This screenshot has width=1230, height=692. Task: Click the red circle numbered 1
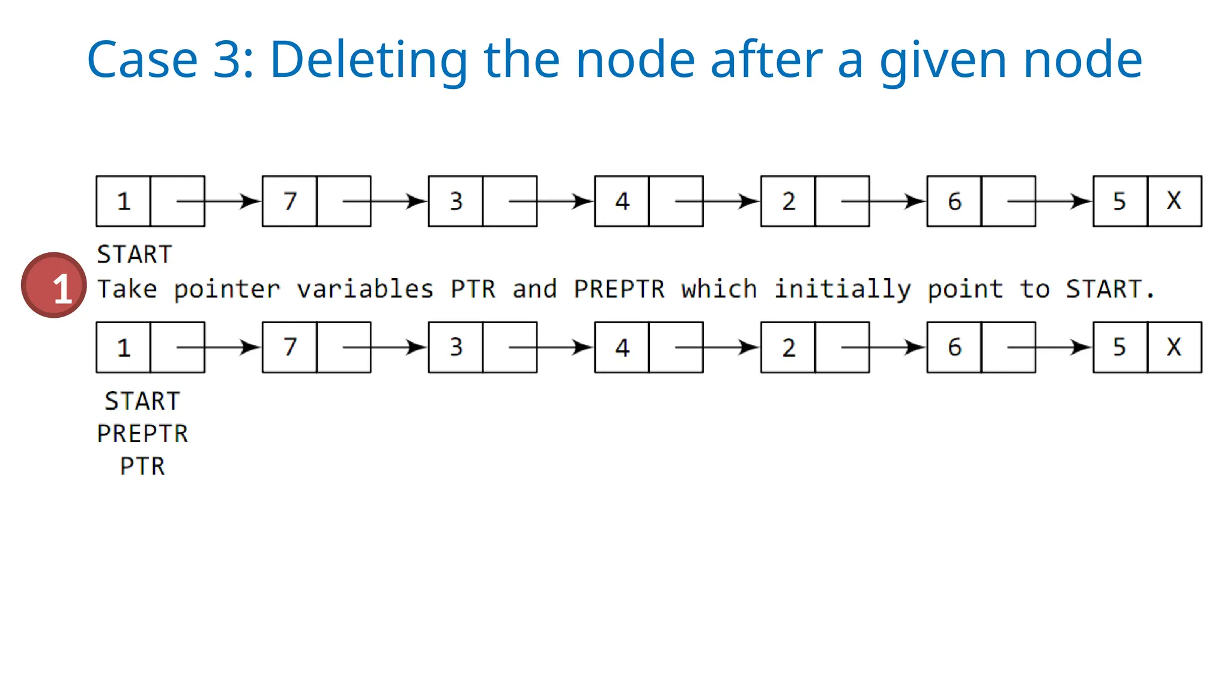[x=54, y=285]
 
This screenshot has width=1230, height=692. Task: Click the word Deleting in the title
[x=368, y=59]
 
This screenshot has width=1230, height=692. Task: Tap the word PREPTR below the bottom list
[x=142, y=434]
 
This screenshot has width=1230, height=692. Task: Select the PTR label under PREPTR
[x=142, y=466]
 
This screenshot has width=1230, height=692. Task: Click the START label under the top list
[x=135, y=255]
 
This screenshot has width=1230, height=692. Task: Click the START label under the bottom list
[x=142, y=401]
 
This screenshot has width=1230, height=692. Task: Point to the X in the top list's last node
[x=1174, y=201]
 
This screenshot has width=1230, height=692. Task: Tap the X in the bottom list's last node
[x=1174, y=347]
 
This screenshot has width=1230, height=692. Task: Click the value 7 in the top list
[x=290, y=201]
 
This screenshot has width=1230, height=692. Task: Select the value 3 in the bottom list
[x=456, y=347]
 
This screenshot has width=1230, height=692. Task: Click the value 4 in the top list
[x=622, y=201]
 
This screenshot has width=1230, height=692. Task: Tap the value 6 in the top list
[x=954, y=201]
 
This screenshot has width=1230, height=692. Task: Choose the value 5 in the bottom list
[x=1119, y=347]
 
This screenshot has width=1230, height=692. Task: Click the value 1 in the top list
[x=124, y=201]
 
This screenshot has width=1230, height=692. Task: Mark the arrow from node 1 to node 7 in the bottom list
[x=219, y=347]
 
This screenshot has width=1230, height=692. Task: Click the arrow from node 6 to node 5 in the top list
[x=1049, y=201]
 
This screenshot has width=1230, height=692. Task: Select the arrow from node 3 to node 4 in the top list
[x=551, y=201]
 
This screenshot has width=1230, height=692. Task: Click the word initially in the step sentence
[x=842, y=290]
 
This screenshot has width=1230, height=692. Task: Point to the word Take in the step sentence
[x=127, y=289]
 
